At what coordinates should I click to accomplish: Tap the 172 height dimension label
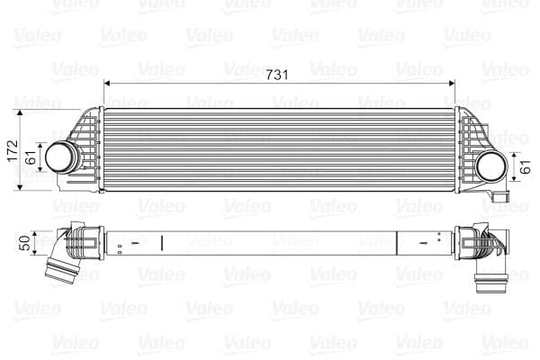pos(12,148)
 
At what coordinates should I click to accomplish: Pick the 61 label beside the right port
pos(525,165)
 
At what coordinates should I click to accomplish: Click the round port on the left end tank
pos(60,157)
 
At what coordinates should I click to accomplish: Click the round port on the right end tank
pos(491,165)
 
